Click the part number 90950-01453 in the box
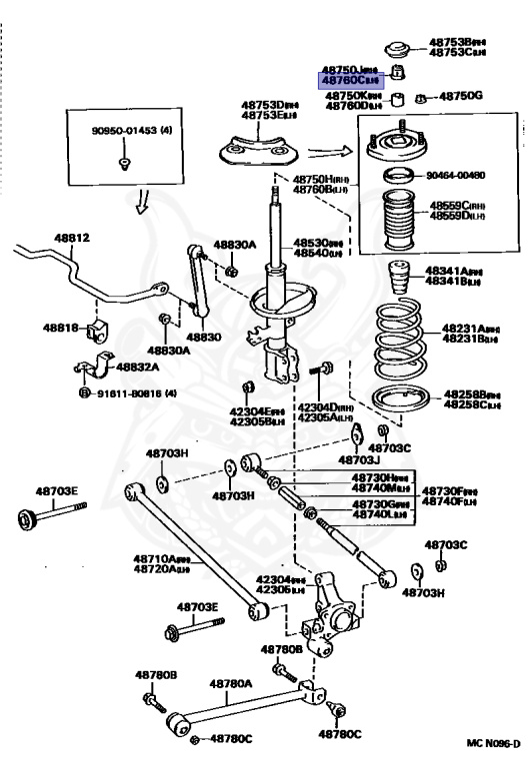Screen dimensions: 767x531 click(x=119, y=130)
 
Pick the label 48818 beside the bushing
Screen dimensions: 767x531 click(x=60, y=327)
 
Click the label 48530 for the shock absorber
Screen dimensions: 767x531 click(x=315, y=243)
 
